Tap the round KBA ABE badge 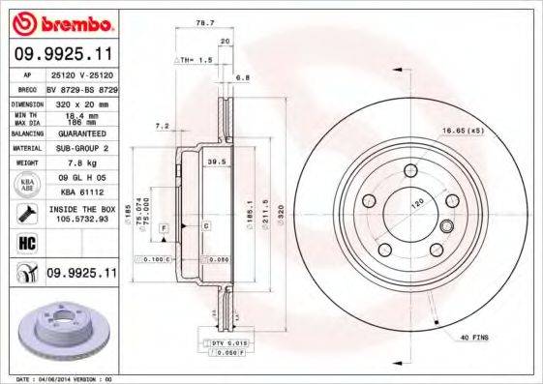point(27,185)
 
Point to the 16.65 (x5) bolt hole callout point(463,130)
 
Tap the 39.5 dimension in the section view point(218,162)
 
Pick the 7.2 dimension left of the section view point(162,126)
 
